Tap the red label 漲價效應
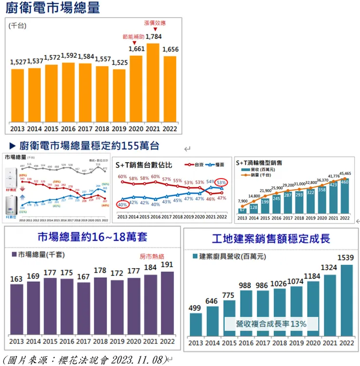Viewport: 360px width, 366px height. coord(155,23)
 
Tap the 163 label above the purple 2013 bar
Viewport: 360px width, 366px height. coord(16,279)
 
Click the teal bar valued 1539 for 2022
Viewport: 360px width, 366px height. coord(347,300)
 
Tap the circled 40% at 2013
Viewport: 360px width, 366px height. coord(122,204)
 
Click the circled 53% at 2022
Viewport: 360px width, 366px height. coord(221,183)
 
